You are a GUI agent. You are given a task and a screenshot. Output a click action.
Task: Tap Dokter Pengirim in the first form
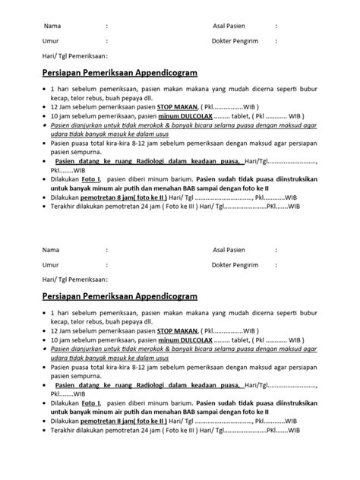click(x=238, y=40)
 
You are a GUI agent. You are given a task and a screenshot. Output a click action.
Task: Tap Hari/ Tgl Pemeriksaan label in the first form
click(x=74, y=56)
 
